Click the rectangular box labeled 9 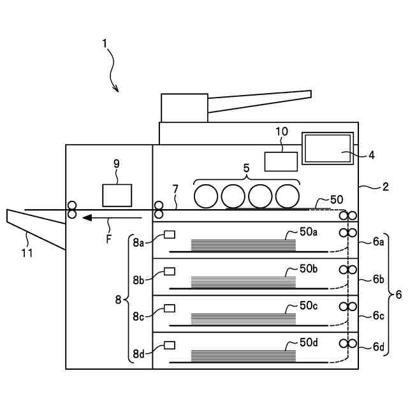pos(117,195)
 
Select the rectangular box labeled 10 pos(281,161)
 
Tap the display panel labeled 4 pos(328,149)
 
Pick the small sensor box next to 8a pos(170,235)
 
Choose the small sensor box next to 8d pos(170,345)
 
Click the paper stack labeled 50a pos(243,245)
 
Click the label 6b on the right pos(379,279)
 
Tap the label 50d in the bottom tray pos(309,342)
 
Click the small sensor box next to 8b pos(170,272)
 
